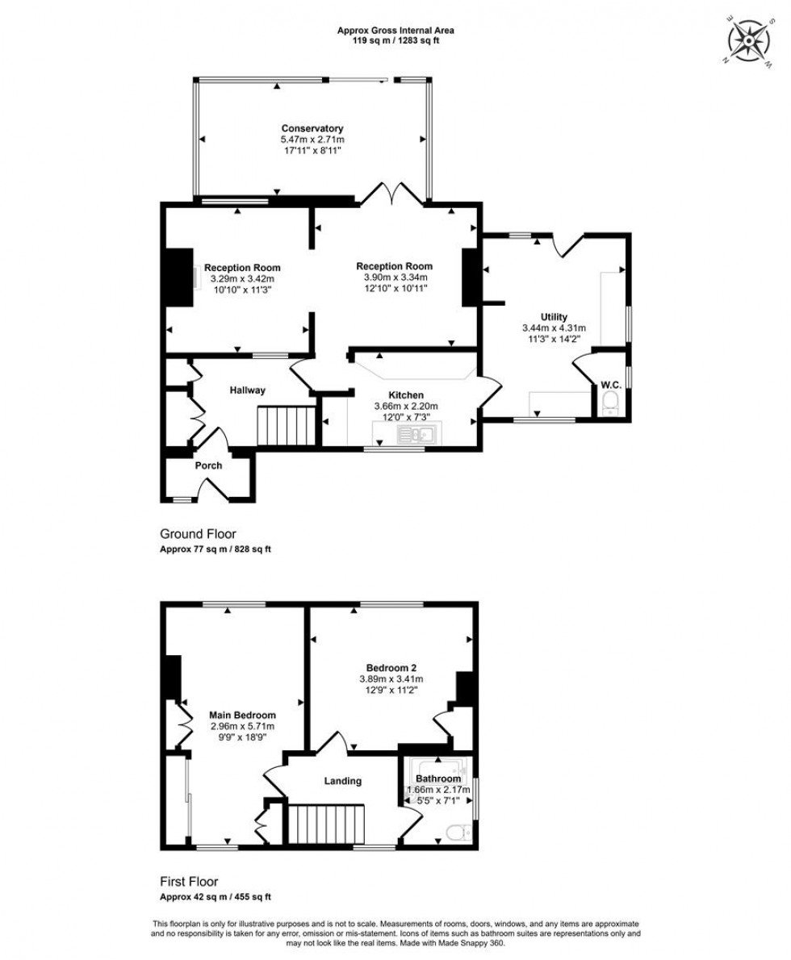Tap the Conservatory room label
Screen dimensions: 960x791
click(312, 128)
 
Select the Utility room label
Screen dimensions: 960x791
click(554, 316)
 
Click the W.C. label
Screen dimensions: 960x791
click(609, 385)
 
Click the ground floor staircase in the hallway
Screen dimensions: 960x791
click(287, 425)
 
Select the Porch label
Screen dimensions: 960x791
click(207, 465)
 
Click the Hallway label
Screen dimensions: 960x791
click(246, 390)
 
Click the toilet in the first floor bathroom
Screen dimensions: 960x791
click(458, 831)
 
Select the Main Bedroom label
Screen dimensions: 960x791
click(242, 715)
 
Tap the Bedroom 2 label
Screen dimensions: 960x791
click(391, 667)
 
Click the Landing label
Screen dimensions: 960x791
click(342, 781)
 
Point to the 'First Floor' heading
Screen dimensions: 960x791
click(189, 882)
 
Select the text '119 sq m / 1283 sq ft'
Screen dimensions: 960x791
click(395, 40)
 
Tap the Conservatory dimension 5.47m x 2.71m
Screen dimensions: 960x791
click(312, 139)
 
